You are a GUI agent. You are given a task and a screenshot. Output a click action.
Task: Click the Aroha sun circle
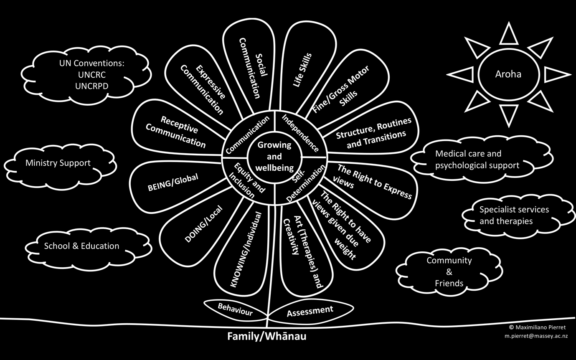(508, 74)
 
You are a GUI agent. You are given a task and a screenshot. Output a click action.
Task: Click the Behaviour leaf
(235, 309)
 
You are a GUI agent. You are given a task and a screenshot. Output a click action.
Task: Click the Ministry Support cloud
(58, 163)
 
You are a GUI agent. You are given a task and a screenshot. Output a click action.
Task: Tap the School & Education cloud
(81, 246)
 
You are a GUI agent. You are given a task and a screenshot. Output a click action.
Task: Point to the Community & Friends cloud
(449, 272)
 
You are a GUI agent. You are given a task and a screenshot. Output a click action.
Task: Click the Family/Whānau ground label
(266, 336)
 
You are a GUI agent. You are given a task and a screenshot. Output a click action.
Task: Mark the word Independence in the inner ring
(299, 132)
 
